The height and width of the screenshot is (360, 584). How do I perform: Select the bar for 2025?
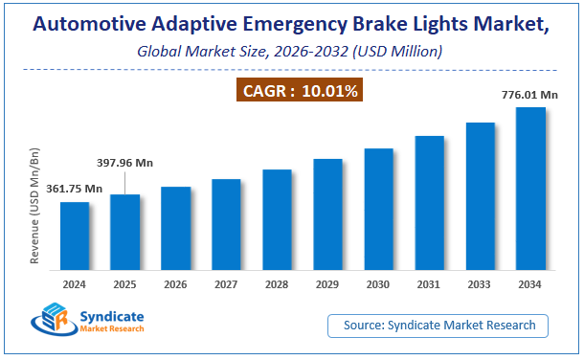[124, 234]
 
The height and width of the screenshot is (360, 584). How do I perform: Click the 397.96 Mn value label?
[124, 163]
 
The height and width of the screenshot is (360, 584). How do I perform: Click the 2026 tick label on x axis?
[175, 284]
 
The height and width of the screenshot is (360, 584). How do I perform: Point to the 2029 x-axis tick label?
[327, 284]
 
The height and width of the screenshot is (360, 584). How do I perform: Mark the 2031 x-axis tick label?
[429, 284]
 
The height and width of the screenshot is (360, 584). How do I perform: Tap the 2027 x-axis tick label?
[226, 284]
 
